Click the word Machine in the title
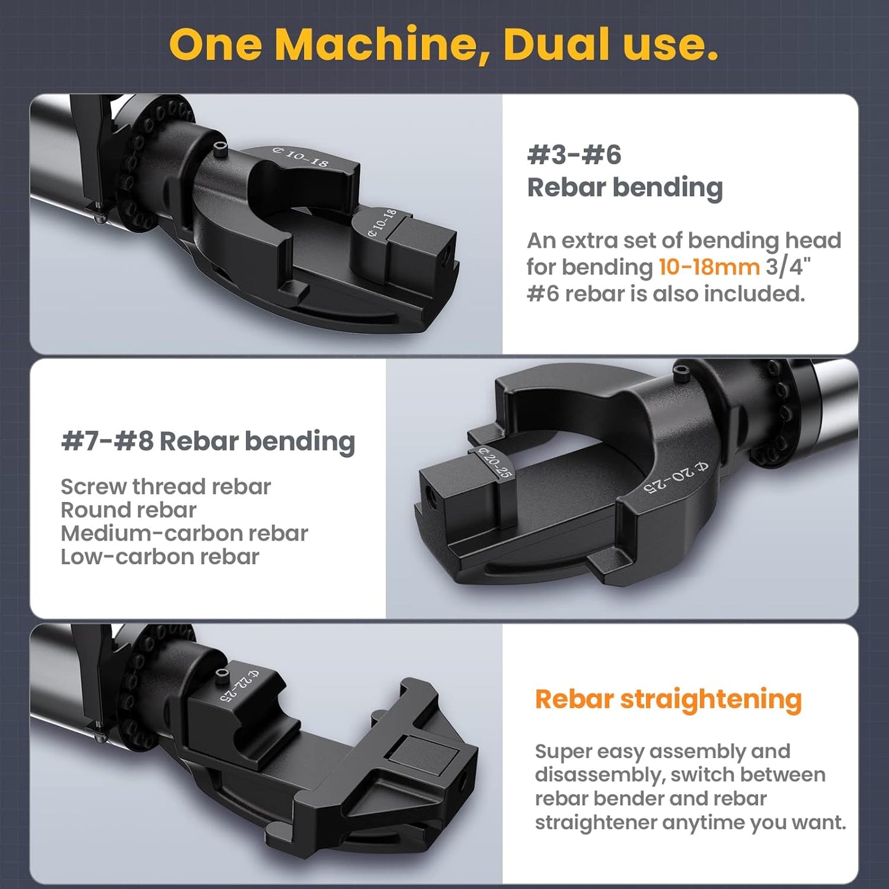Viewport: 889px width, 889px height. click(x=381, y=44)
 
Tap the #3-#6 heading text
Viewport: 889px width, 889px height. click(x=574, y=155)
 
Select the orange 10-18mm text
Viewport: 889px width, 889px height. click(x=709, y=267)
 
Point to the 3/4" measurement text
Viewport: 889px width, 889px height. click(x=788, y=267)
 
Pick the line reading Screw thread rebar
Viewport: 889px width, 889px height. click(x=165, y=487)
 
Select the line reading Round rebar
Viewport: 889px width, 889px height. click(x=128, y=510)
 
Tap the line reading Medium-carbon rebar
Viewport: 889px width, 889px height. click(x=184, y=533)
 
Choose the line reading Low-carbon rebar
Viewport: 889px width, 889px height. click(x=160, y=557)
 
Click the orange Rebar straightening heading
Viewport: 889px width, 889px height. click(x=668, y=699)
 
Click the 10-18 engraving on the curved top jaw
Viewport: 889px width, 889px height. click(x=301, y=157)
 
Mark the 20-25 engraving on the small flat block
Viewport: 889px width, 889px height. click(x=496, y=463)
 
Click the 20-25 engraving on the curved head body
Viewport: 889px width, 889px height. click(x=676, y=477)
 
